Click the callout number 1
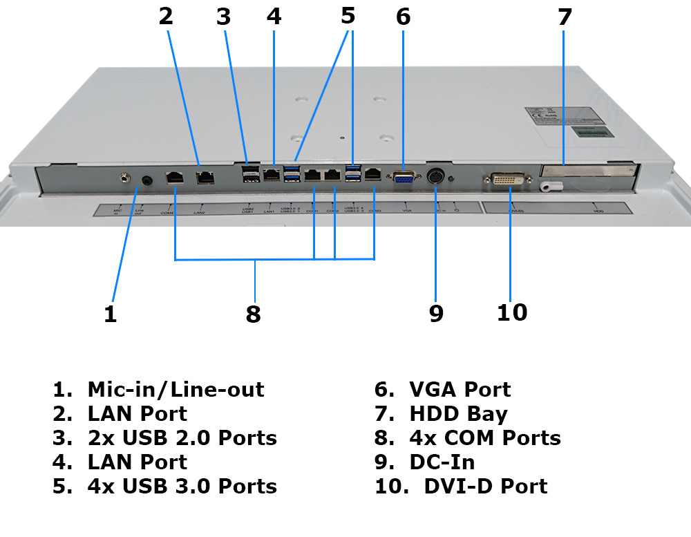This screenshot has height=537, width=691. [x=111, y=314]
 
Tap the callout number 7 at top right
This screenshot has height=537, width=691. [x=565, y=17]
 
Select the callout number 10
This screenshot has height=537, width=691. [x=511, y=312]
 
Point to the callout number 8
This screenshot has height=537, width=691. [x=254, y=314]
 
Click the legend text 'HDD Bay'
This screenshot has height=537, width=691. [x=458, y=414]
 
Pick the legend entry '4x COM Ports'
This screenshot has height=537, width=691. [x=485, y=437]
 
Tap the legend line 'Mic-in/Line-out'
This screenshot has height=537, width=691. [x=176, y=390]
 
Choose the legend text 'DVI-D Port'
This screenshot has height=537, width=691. [x=485, y=486]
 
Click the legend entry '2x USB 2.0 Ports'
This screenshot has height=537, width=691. [x=182, y=437]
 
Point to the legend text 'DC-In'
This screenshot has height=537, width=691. [x=442, y=462]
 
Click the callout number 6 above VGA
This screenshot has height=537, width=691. [x=404, y=17]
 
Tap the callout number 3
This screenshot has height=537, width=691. [x=223, y=17]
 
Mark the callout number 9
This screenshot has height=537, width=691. [x=435, y=313]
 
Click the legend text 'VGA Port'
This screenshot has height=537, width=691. [x=460, y=390]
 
